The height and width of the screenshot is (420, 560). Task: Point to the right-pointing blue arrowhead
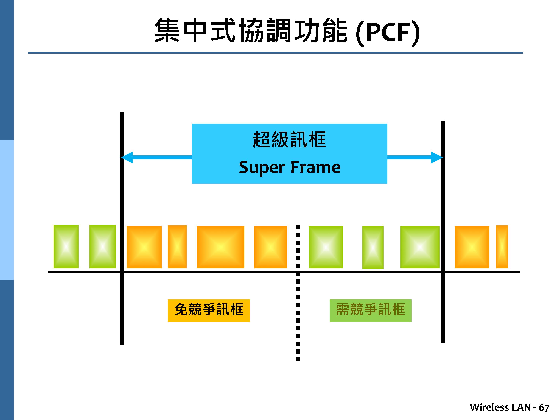point(437,158)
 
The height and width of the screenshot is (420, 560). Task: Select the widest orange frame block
point(220,247)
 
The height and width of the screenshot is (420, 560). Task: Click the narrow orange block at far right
point(502,247)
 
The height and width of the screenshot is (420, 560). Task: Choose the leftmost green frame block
point(66,246)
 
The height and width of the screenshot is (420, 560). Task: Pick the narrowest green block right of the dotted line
point(373,247)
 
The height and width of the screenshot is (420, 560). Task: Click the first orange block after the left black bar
point(144,247)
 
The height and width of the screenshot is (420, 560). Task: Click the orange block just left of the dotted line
point(270,247)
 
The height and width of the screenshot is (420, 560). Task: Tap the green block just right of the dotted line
point(326,247)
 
